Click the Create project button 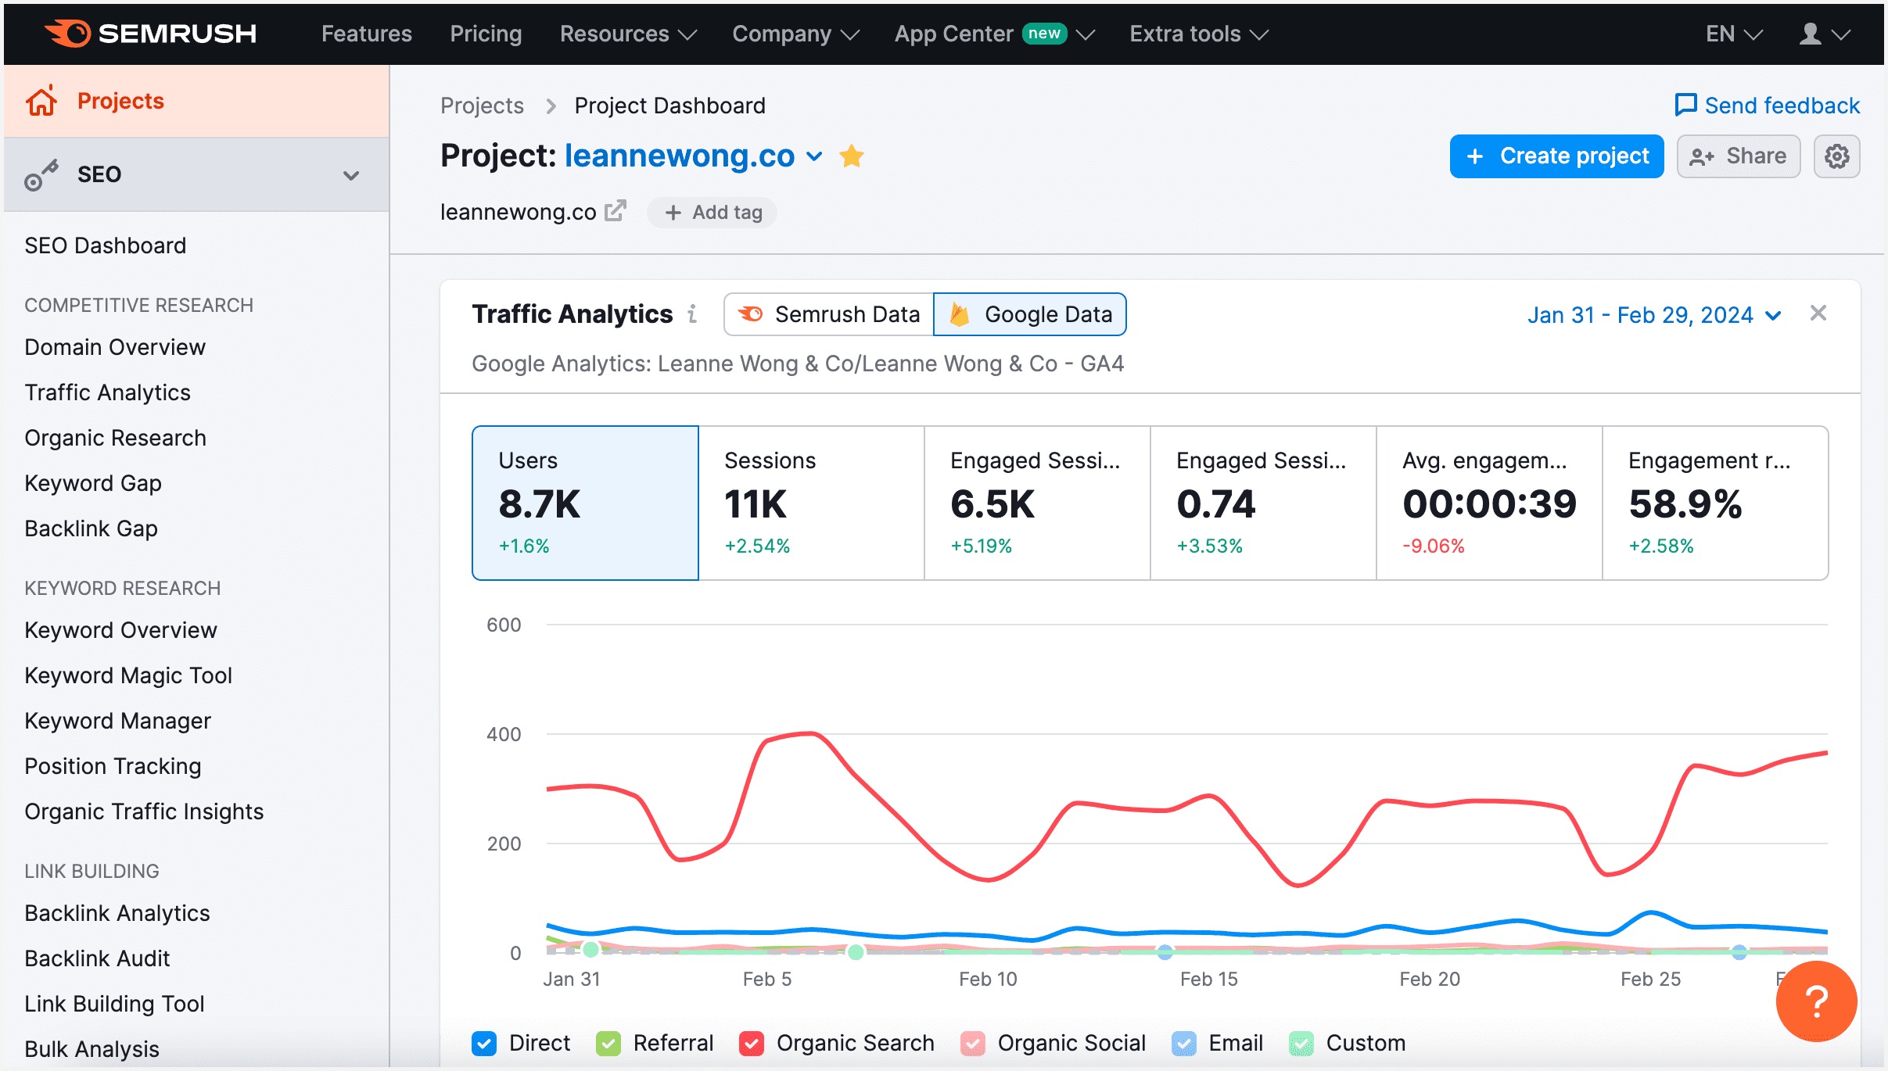point(1556,156)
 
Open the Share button point(1738,156)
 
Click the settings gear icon point(1836,156)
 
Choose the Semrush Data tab point(829,314)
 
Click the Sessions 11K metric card point(810,503)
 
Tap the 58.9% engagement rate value point(1685,504)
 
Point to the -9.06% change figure point(1432,546)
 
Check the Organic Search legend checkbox point(752,1043)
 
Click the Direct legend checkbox point(484,1043)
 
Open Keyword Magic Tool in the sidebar point(128,675)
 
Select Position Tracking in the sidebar point(113,766)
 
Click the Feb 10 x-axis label point(987,979)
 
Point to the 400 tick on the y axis point(503,734)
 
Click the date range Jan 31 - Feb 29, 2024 point(1653,315)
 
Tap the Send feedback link point(1767,106)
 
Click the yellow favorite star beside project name point(851,156)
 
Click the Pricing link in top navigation point(486,34)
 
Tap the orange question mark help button point(1815,1001)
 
